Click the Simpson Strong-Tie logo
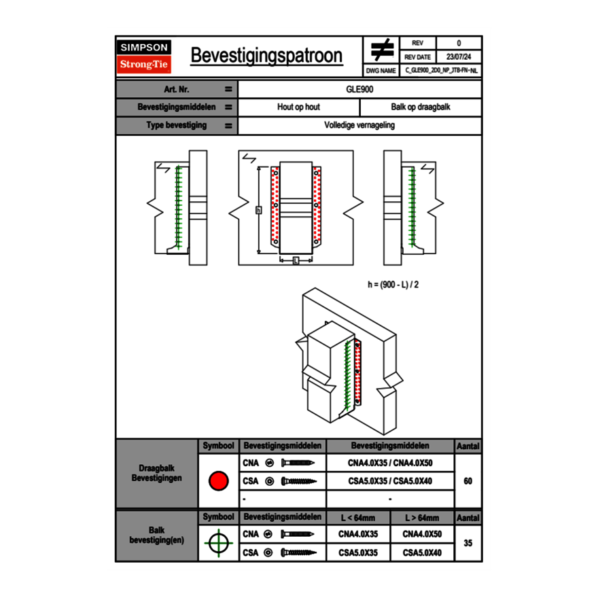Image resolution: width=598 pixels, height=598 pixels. (x=145, y=56)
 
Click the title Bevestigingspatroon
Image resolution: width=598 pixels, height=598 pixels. (x=266, y=56)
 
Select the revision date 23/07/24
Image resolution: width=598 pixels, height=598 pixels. (x=459, y=57)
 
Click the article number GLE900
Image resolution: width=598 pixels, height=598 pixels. (x=359, y=89)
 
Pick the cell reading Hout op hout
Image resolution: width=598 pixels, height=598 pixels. (x=298, y=107)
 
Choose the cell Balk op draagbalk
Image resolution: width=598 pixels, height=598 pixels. (x=421, y=107)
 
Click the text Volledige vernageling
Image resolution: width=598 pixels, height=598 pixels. (x=359, y=126)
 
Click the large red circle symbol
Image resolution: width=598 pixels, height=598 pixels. (x=218, y=481)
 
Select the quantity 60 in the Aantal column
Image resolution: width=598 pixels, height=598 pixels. (x=468, y=481)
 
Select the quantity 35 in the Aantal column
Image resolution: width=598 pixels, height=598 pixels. (x=468, y=543)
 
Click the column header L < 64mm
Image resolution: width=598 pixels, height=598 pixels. (x=358, y=518)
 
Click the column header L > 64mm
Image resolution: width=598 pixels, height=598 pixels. (x=422, y=518)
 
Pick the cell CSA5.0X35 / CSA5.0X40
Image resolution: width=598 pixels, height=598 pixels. (x=390, y=481)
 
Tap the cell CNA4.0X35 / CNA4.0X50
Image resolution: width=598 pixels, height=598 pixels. (x=390, y=463)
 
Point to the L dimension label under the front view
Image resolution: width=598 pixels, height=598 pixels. (x=296, y=261)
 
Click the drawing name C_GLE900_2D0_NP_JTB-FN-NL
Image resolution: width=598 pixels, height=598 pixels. (x=441, y=71)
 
